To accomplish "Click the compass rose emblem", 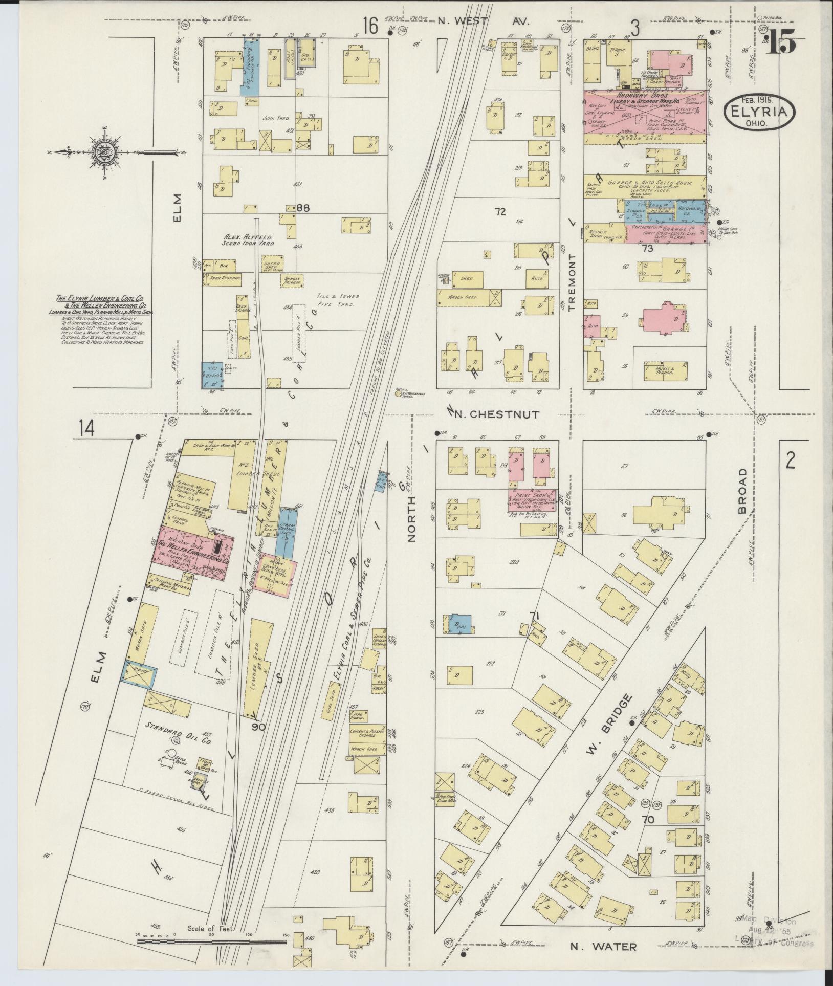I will pos(100,152).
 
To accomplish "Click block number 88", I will pos(303,208).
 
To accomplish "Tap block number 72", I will pos(500,211).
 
